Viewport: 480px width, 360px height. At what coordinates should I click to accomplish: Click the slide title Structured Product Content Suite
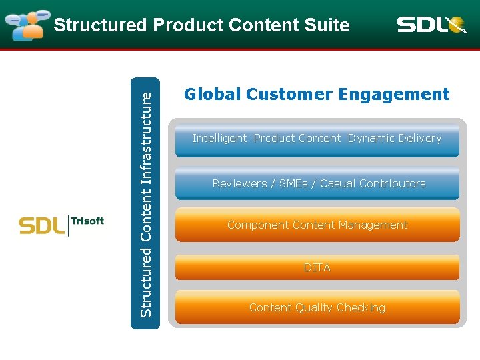(x=201, y=25)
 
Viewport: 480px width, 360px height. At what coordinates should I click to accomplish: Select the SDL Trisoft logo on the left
(x=61, y=225)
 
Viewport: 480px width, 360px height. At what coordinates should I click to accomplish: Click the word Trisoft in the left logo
(x=88, y=221)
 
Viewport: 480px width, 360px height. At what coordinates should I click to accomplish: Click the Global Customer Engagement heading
(x=317, y=95)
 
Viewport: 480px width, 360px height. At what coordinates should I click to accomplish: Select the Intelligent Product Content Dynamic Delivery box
(x=317, y=139)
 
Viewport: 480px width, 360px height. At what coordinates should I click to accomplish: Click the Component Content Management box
(x=317, y=225)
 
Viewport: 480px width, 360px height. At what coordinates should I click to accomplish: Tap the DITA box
(x=317, y=267)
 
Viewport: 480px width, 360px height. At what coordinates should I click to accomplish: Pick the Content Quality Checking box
(x=317, y=308)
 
